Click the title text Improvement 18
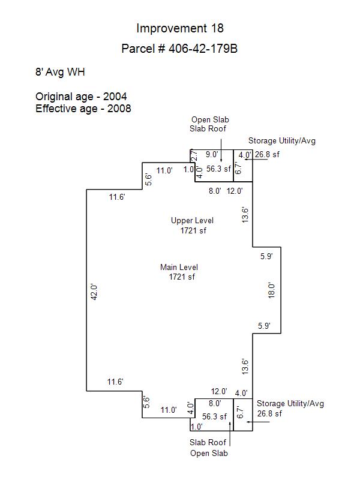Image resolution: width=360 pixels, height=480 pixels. click(x=180, y=28)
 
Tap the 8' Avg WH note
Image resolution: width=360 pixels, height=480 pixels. click(x=60, y=72)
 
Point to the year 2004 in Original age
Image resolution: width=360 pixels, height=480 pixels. click(x=115, y=97)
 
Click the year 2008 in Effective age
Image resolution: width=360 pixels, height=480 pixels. click(x=119, y=109)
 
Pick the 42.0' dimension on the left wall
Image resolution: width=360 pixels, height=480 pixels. click(x=94, y=292)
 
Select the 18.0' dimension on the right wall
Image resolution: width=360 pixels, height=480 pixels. click(x=272, y=290)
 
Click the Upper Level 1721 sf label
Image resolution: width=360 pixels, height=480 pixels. click(x=192, y=226)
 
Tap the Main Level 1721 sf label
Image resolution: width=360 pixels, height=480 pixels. click(x=179, y=272)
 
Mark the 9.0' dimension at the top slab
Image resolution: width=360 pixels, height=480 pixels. click(x=212, y=154)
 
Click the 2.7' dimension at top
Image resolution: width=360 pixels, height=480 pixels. click(x=194, y=155)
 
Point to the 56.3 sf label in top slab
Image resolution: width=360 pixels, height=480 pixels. click(x=218, y=169)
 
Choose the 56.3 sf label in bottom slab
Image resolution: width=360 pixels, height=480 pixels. click(x=214, y=416)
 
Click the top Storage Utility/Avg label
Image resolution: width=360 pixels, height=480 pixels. click(x=282, y=141)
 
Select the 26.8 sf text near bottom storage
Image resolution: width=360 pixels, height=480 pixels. click(x=269, y=413)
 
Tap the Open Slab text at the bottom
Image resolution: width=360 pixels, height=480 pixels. click(x=209, y=454)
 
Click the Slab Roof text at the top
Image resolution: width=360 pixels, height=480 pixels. click(x=208, y=128)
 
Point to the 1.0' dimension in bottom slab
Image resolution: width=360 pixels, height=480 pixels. click(x=197, y=427)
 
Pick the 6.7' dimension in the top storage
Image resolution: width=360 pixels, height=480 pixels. click(x=238, y=167)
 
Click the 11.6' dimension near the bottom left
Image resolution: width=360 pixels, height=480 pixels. click(x=115, y=382)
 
